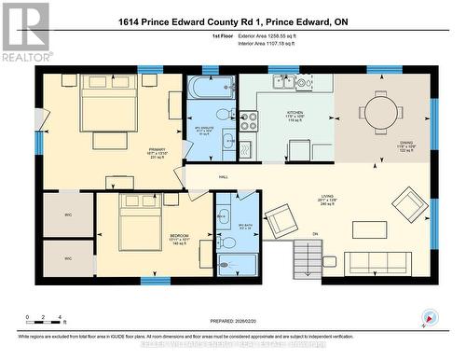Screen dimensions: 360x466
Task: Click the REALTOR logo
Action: pos(25,32)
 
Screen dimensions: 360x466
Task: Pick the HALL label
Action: pos(224,175)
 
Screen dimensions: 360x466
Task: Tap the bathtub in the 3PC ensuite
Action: pos(204,90)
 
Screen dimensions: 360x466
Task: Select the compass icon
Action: pos(428,317)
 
